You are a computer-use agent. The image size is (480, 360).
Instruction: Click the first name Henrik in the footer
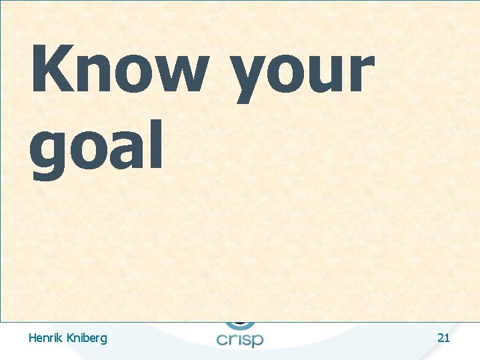(x=45, y=338)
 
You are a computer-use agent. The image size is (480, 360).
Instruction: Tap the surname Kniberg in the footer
(x=85, y=339)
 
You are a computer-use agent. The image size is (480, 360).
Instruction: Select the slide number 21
(x=443, y=338)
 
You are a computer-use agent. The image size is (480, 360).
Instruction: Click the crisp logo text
(x=240, y=338)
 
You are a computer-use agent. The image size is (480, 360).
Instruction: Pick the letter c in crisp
(x=223, y=339)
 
